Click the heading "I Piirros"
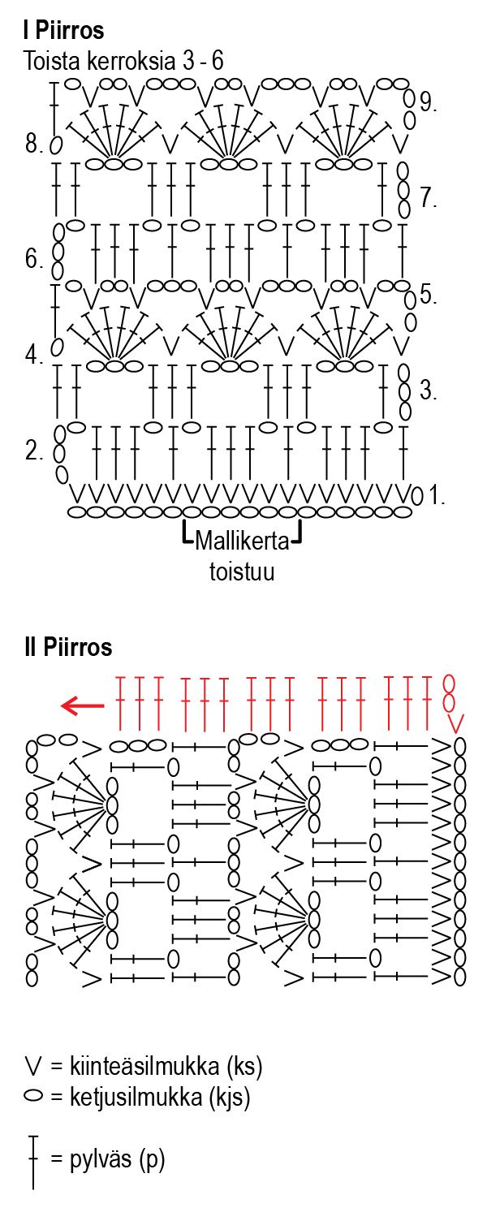point(64,31)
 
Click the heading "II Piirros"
point(68,648)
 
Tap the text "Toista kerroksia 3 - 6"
point(124,61)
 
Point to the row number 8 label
point(34,145)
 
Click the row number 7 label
point(429,197)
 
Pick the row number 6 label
point(33,260)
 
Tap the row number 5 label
point(429,295)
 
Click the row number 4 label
point(33,356)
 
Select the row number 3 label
point(429,390)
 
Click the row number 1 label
point(437,495)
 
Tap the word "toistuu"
point(242,572)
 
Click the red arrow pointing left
point(83,706)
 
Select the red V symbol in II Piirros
point(457,722)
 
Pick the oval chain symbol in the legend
point(33,1098)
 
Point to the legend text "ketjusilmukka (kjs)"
point(149,1098)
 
